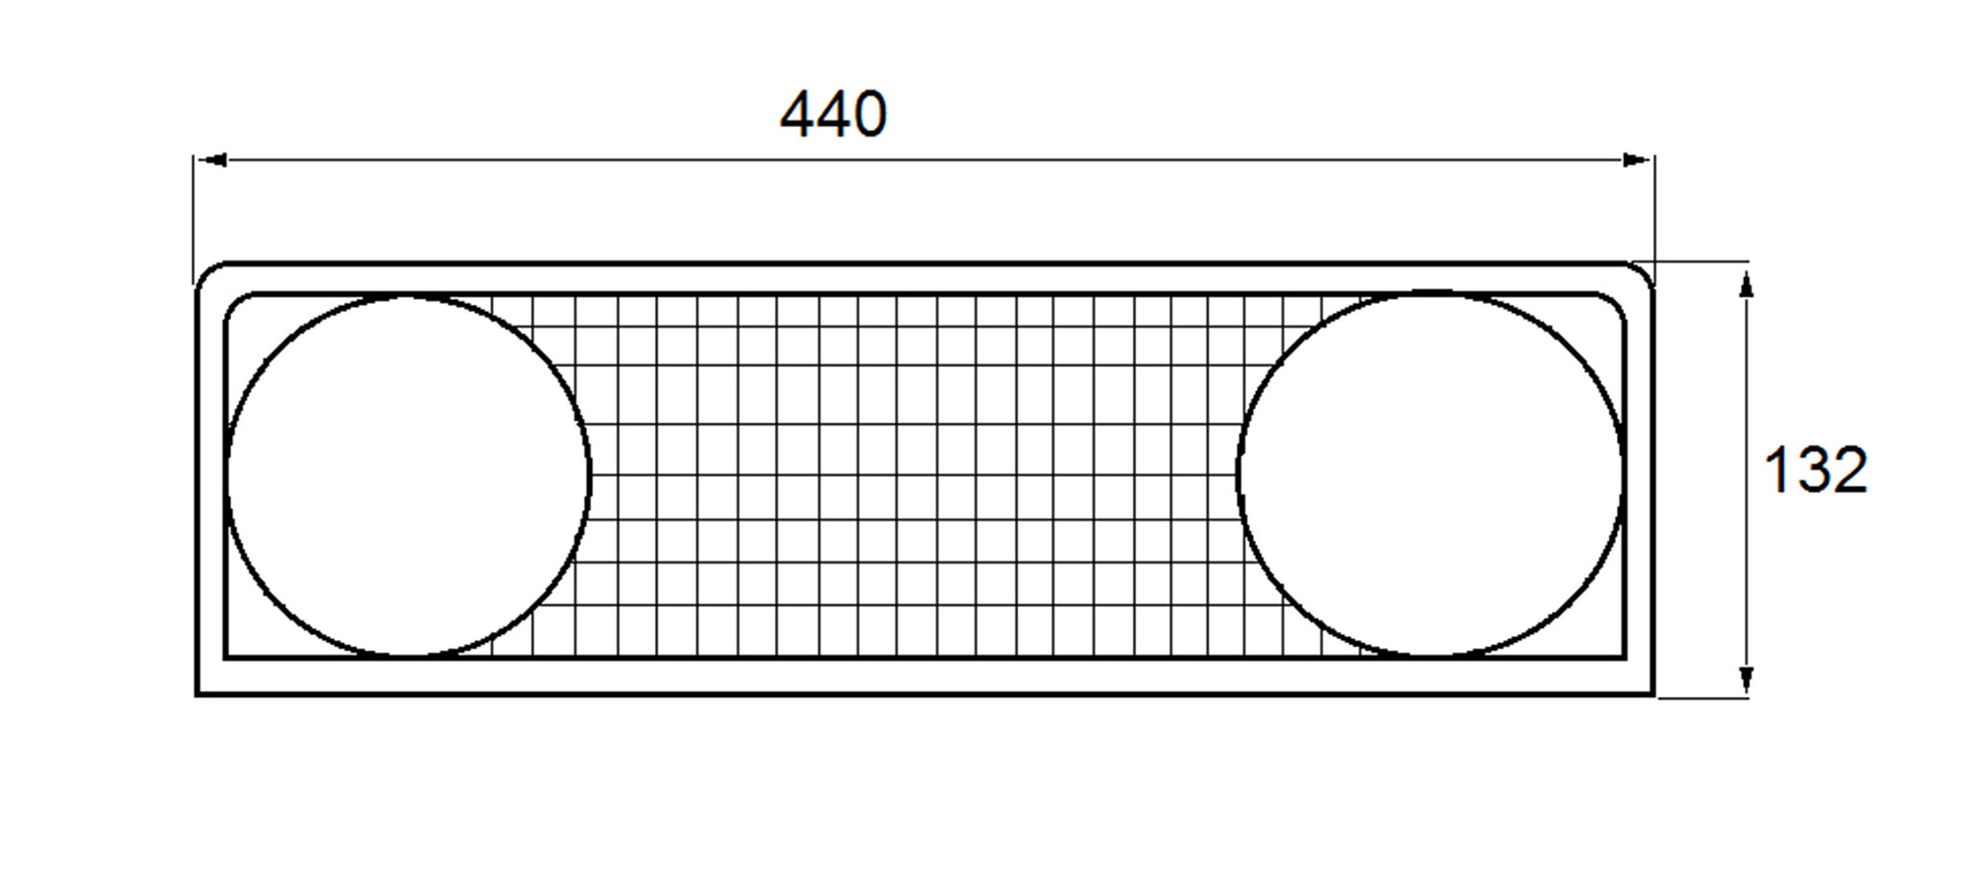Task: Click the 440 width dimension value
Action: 833,114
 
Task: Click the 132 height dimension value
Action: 1815,470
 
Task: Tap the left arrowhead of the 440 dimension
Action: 212,159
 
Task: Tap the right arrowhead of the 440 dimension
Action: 1638,159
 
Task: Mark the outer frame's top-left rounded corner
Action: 206,271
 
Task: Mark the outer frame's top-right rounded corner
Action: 1644,271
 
